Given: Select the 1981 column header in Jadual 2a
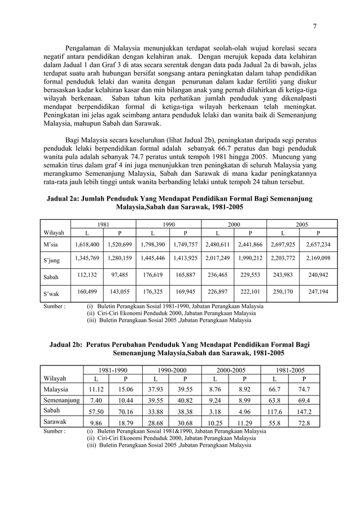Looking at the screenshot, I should pos(103,224).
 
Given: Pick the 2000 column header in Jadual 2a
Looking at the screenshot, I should pos(233,224).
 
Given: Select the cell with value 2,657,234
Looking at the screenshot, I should pos(318,245).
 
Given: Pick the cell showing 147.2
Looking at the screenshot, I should pos(305,412).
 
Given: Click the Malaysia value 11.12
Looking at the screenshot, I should pos(94,389).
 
